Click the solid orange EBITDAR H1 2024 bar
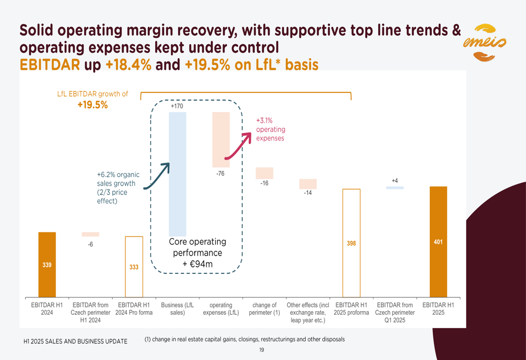47,264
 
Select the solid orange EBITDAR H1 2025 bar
438,242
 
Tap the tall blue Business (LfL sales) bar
177,173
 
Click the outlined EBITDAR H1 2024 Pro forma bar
134,266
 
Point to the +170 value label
177,107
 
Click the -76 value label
221,173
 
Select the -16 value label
265,183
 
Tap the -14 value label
308,193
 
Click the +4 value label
395,181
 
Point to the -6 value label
90,244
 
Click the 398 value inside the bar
351,243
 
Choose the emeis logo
484,43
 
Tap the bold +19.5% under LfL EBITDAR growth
93,105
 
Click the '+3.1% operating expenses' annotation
270,129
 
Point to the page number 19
261,349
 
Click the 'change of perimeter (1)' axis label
265,308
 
